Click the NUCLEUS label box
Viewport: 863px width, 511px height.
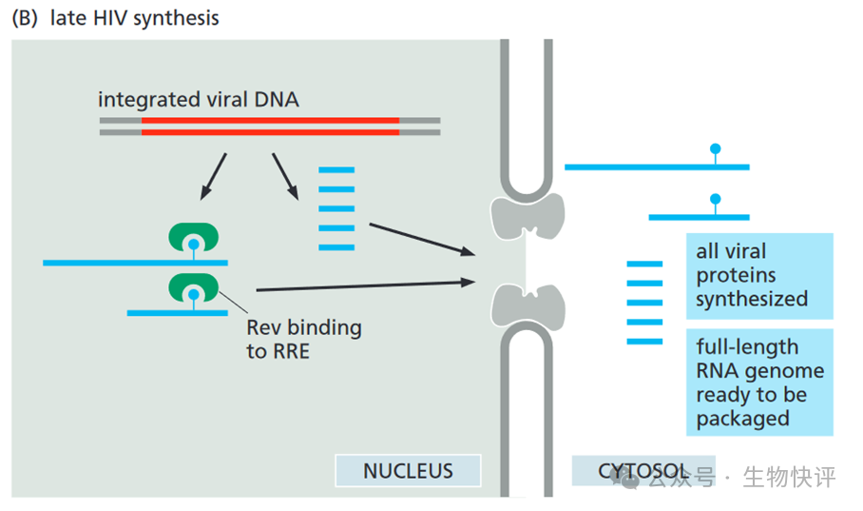(408, 470)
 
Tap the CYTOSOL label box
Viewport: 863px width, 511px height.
(630, 470)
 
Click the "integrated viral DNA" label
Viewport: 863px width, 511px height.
(198, 99)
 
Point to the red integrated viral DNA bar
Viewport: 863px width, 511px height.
(270, 126)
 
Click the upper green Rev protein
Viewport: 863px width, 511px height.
(194, 238)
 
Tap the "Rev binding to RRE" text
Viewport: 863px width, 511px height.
(303, 339)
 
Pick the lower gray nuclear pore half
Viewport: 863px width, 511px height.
(527, 305)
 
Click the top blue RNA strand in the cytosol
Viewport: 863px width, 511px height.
(656, 167)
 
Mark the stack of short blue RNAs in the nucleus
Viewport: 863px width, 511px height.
(336, 208)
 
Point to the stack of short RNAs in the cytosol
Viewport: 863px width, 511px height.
(644, 302)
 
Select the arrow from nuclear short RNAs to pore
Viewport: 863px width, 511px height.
(420, 238)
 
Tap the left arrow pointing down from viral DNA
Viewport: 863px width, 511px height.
(214, 176)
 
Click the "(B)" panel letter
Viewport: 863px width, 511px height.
(24, 18)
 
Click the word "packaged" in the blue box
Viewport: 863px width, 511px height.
(742, 418)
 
